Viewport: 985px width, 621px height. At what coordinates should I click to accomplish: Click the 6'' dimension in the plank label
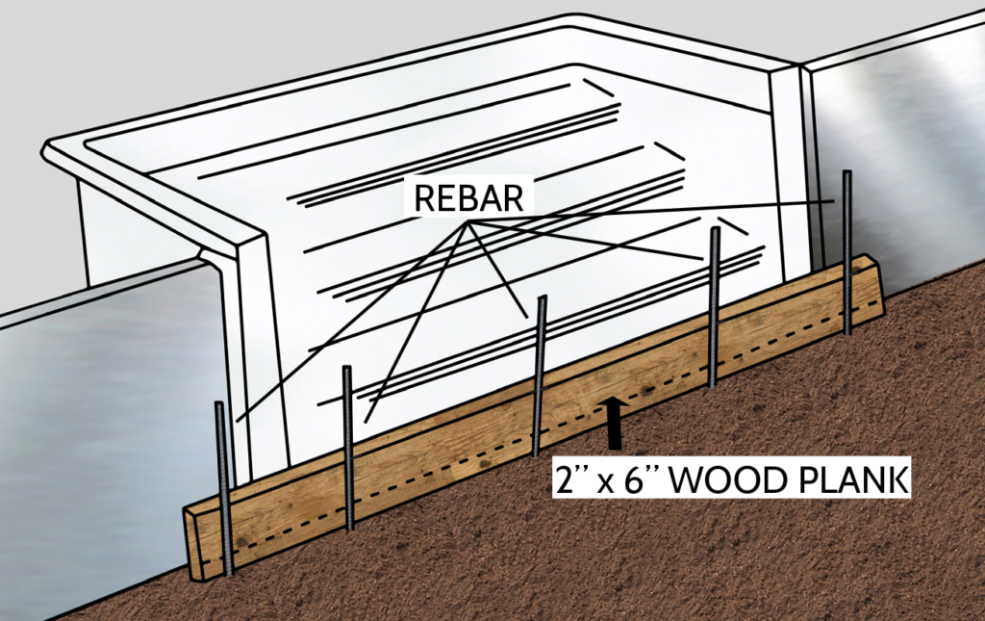coord(638,479)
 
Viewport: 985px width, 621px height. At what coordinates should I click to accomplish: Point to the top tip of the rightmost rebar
coord(846,173)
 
